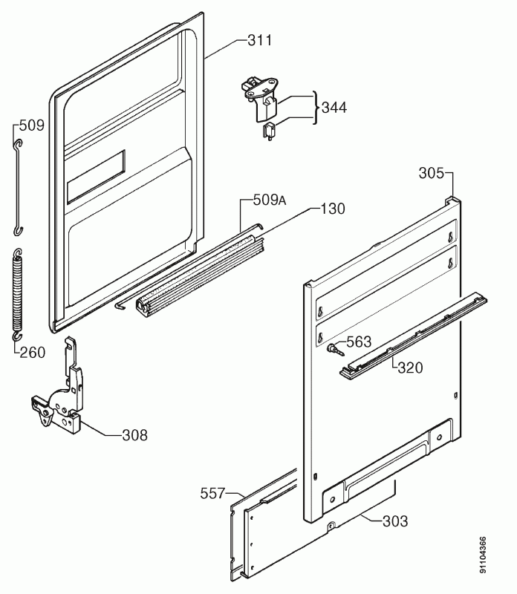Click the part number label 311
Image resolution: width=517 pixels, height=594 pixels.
[260, 40]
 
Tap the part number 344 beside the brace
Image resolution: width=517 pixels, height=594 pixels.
[334, 107]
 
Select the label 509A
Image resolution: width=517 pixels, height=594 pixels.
[270, 200]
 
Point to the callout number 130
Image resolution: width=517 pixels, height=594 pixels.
[333, 209]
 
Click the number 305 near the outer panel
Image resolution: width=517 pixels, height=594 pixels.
[431, 173]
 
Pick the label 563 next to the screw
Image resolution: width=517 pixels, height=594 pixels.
[359, 342]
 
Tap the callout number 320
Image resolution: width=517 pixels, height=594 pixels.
[410, 368]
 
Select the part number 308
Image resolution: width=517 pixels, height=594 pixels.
[135, 435]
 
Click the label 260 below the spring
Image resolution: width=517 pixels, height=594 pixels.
[32, 353]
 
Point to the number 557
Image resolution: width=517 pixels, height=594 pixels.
[212, 494]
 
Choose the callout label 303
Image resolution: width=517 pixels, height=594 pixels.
[395, 521]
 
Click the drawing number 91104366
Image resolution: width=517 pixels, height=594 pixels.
[483, 555]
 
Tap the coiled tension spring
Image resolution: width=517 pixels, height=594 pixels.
[18, 294]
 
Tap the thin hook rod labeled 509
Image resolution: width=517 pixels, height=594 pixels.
[18, 188]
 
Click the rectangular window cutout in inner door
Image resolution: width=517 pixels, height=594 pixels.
[96, 177]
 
